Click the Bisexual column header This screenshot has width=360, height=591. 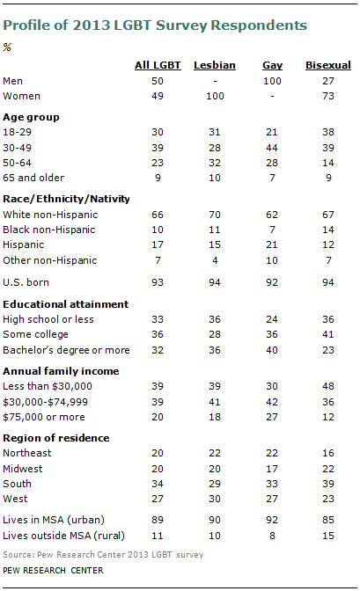coord(327,65)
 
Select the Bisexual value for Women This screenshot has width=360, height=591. coord(327,94)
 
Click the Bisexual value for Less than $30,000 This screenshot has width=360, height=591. coord(327,385)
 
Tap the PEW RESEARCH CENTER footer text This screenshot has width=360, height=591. coord(53,571)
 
